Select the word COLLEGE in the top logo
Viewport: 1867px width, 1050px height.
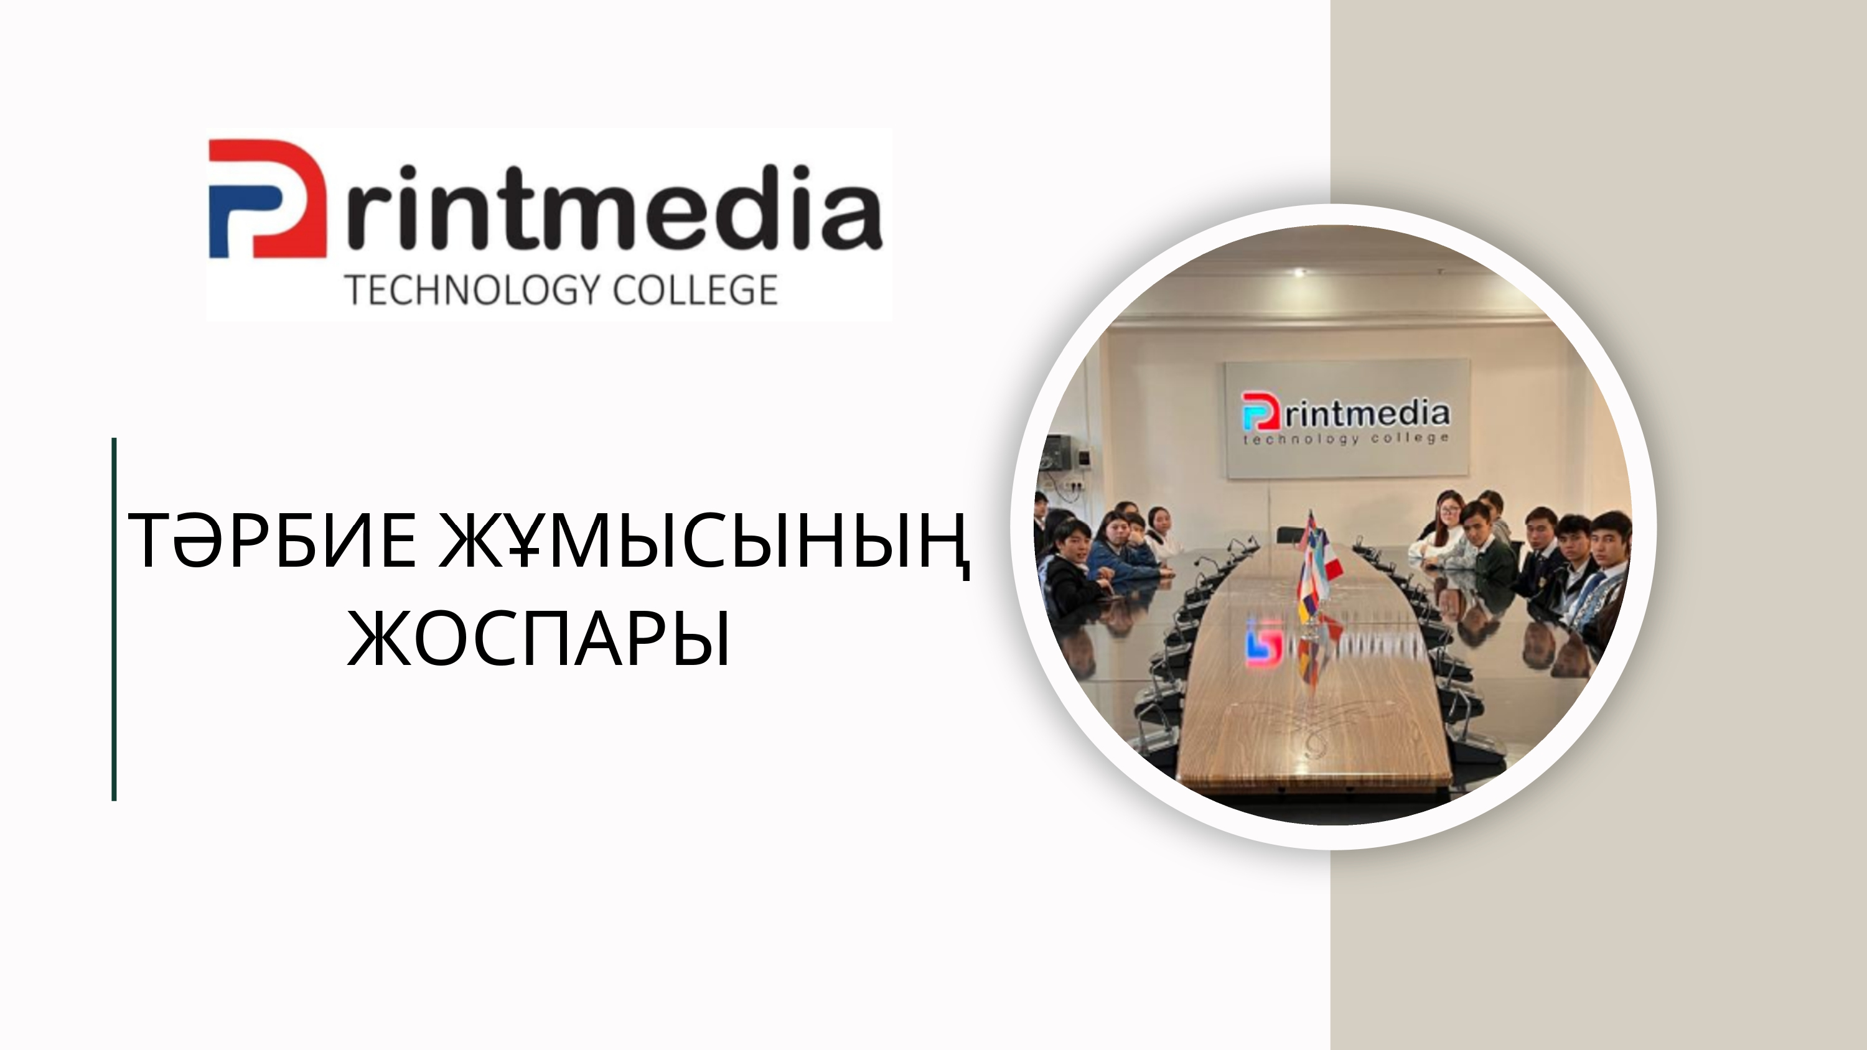point(696,290)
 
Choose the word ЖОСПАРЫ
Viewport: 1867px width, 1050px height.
point(538,638)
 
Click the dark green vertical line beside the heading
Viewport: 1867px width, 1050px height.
point(114,619)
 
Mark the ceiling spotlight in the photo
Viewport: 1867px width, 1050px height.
point(1300,272)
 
